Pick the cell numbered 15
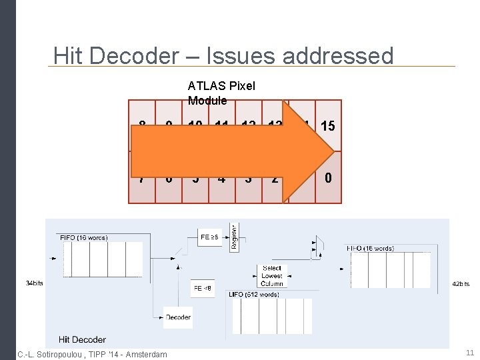tap(327, 125)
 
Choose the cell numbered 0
tap(327, 178)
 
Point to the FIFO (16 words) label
tap(83, 237)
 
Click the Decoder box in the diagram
tap(178, 317)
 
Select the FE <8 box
tap(202, 288)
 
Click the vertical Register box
tap(234, 237)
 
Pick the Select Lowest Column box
tap(271, 276)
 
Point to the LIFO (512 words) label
tap(254, 293)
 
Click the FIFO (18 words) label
tap(369, 248)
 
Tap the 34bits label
tap(34, 283)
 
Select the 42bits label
tap(461, 284)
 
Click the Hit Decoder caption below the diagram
tap(82, 339)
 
